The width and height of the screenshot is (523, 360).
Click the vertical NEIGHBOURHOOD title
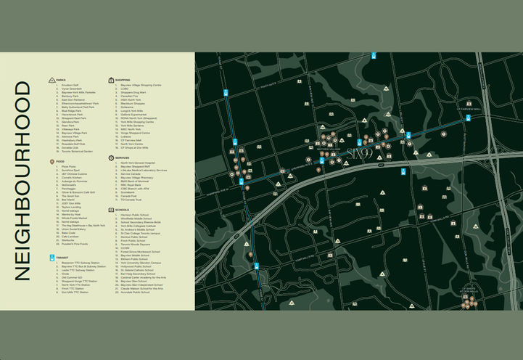point(23,181)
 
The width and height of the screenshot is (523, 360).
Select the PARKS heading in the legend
point(62,80)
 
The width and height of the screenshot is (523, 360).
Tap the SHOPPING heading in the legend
point(121,80)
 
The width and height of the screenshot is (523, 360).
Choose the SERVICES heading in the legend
point(121,157)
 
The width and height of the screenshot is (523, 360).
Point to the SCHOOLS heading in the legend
point(121,210)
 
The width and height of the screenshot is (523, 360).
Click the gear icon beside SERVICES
point(110,157)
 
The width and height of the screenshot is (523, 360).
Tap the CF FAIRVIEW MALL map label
point(469,110)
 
